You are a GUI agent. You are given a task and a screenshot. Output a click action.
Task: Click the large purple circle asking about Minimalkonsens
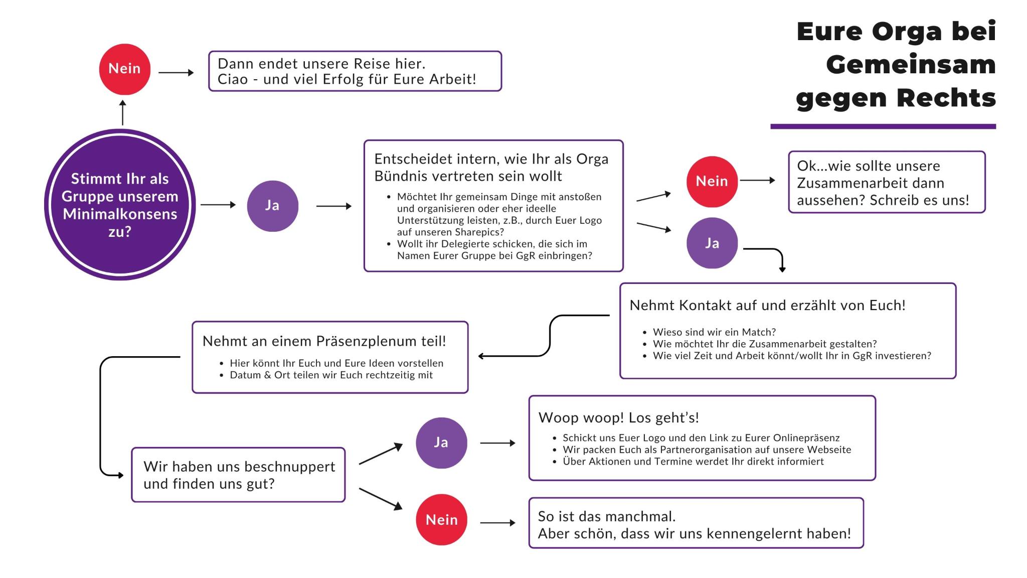coord(120,205)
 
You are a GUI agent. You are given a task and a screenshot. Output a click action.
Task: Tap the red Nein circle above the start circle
coord(125,69)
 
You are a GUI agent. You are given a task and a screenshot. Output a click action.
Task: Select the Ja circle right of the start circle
coord(273,206)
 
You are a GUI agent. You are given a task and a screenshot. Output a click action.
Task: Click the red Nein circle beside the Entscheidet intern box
coord(712,181)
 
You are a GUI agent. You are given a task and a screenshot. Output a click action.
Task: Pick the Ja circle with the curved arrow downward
coord(712,243)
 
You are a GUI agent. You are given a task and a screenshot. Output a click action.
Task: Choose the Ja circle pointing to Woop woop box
coord(441,443)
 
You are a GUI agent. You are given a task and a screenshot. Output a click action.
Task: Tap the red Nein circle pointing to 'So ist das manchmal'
coord(441,519)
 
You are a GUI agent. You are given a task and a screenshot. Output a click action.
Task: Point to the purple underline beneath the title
coord(883,126)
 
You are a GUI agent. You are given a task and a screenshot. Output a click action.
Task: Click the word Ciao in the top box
coord(232,79)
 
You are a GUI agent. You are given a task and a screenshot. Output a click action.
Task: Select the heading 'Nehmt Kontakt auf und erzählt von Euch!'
coord(767,305)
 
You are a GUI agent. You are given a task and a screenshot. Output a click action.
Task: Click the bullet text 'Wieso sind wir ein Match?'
coord(714,332)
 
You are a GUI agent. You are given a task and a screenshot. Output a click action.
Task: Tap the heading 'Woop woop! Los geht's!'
coord(618,417)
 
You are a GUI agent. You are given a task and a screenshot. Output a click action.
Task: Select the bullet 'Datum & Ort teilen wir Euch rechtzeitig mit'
coord(331,375)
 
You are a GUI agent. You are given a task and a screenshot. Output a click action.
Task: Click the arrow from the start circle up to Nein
coord(122,112)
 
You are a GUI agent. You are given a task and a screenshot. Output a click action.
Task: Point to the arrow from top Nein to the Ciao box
coord(176,73)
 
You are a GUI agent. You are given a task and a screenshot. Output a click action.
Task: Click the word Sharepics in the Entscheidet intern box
coord(476,232)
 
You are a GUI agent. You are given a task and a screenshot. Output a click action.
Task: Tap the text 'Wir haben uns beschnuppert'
coord(239,467)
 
